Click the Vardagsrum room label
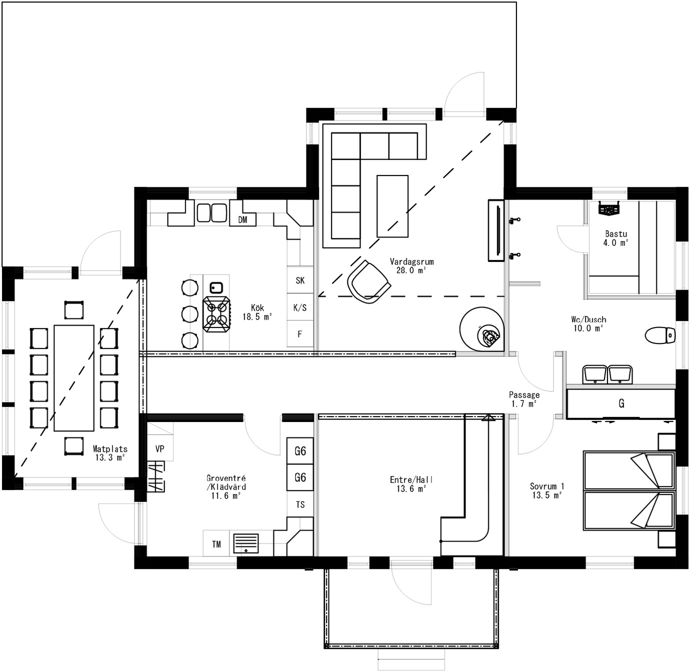click(x=411, y=261)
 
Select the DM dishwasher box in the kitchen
click(x=243, y=219)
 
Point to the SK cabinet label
click(x=300, y=280)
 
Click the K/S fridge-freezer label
click(x=300, y=307)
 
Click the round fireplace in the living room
click(x=482, y=328)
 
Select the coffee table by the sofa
click(x=392, y=206)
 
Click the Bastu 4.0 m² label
click(x=615, y=238)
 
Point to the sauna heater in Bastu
click(x=609, y=208)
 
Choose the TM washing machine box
click(x=216, y=544)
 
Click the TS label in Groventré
click(x=300, y=504)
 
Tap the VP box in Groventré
click(x=160, y=448)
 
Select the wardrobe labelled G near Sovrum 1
click(x=621, y=403)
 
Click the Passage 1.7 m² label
click(x=524, y=399)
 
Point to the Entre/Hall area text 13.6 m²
click(x=411, y=489)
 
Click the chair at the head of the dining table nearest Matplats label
click(x=73, y=446)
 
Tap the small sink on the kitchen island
click(x=216, y=287)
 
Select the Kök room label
click(x=257, y=308)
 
